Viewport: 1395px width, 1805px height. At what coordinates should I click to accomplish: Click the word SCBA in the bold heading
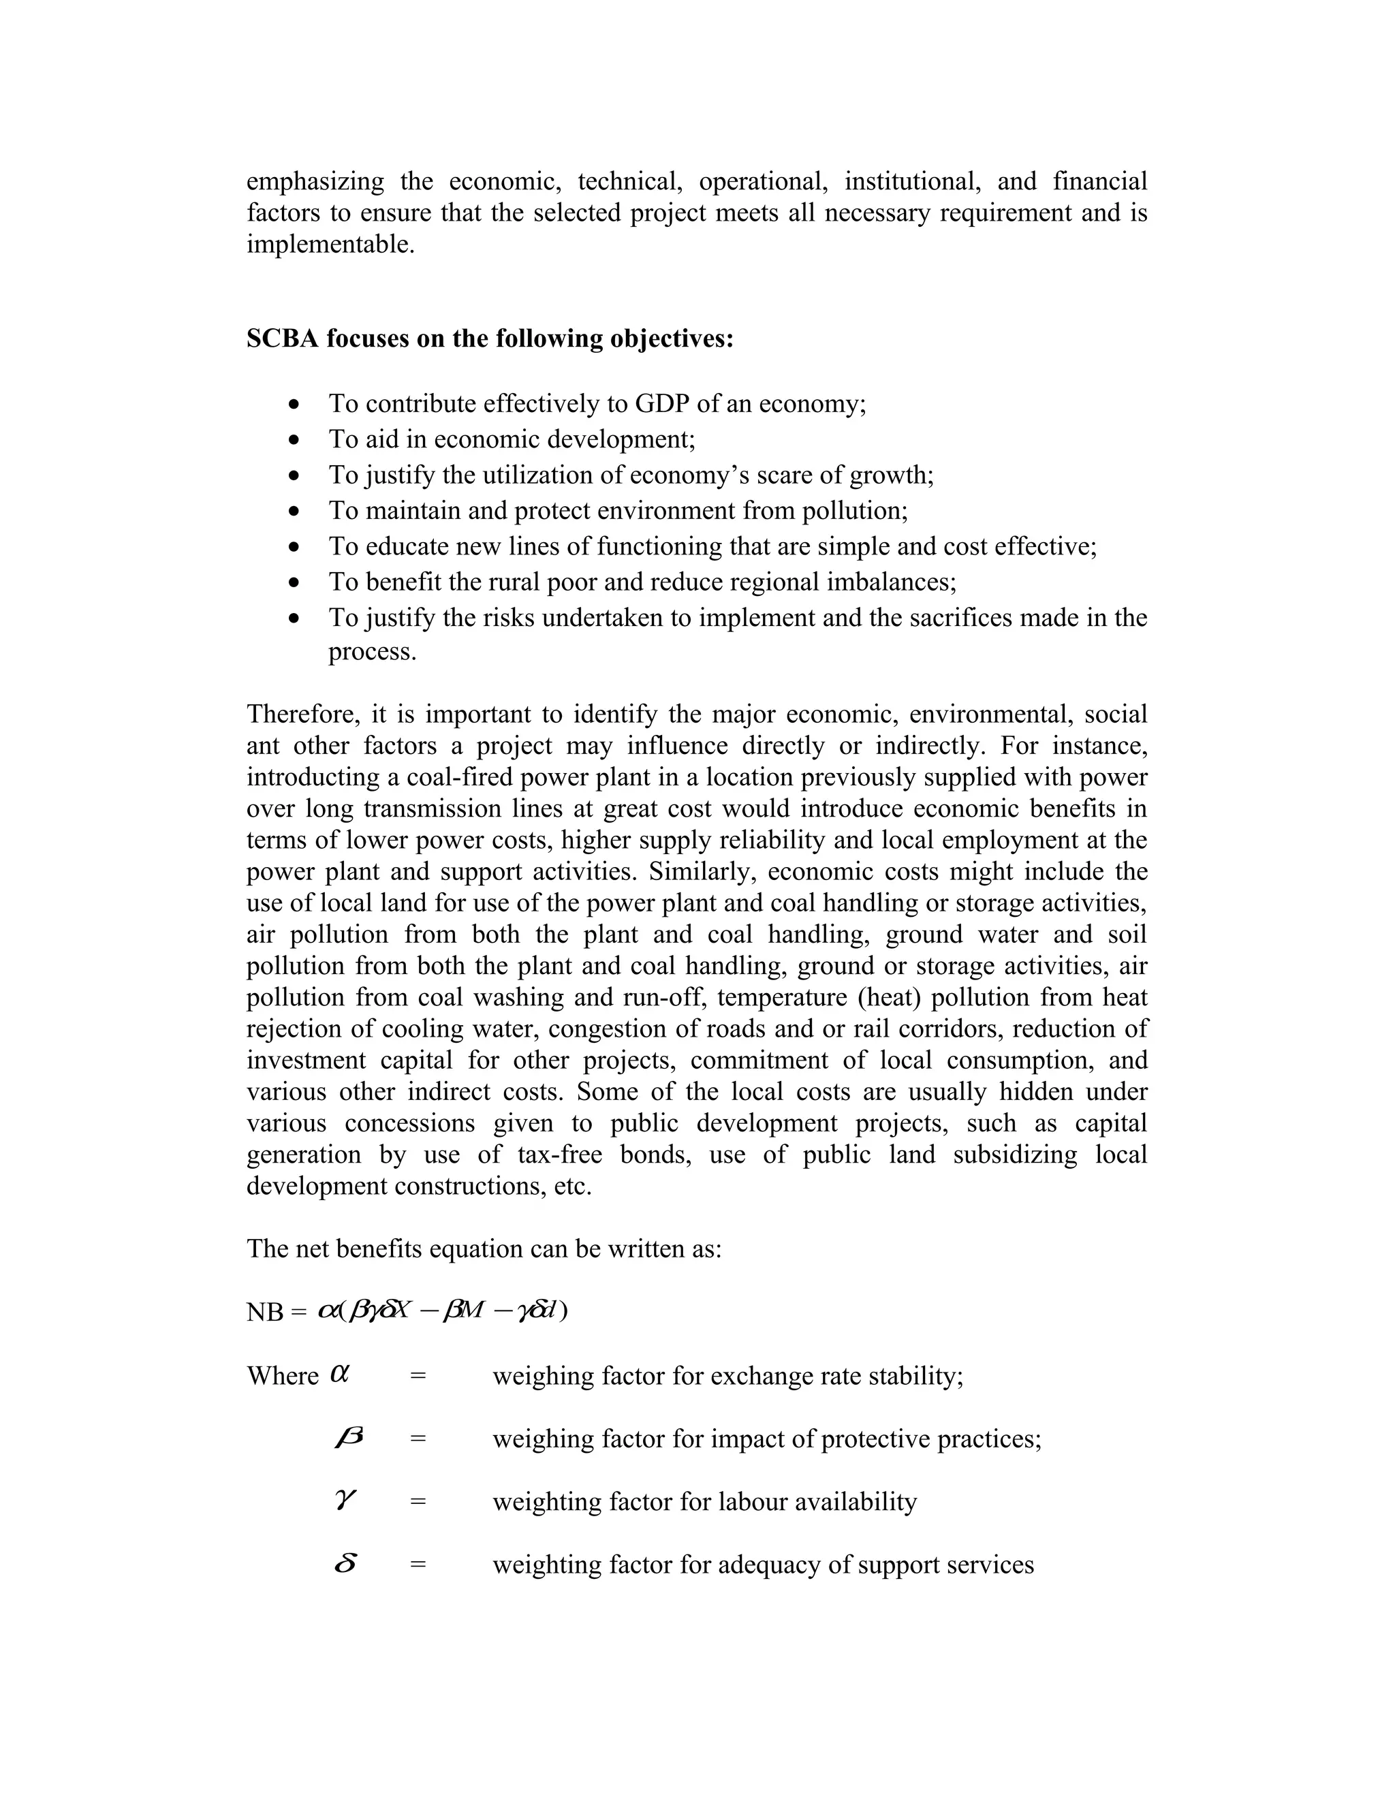(283, 339)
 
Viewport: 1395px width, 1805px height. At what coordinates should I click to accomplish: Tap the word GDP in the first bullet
(662, 403)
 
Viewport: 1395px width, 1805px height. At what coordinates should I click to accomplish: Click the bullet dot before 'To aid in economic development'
(294, 441)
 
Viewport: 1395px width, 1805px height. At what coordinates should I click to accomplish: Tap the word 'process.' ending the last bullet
(373, 652)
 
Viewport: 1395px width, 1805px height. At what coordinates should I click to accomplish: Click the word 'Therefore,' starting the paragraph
(302, 714)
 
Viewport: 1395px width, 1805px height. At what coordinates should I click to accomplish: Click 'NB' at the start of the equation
(264, 1313)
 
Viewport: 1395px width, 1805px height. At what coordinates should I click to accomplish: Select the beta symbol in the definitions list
(348, 1438)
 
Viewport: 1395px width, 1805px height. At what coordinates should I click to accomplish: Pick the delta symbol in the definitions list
(346, 1564)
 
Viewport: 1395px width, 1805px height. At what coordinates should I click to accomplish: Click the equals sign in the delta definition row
(418, 1565)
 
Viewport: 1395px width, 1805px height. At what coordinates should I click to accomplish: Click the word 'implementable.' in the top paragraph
(330, 245)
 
